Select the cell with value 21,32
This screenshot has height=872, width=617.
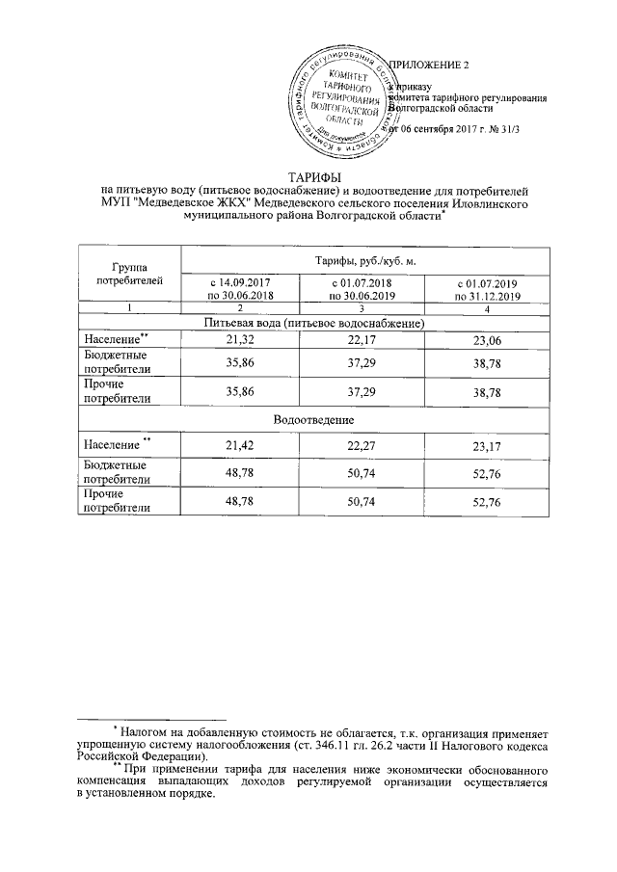coord(240,341)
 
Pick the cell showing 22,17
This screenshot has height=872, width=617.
coord(361,341)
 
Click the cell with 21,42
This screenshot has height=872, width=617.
coord(240,447)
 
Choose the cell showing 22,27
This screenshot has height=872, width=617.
coord(361,447)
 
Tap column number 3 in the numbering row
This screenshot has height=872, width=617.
coord(361,307)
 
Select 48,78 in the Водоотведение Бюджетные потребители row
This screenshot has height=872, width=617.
coord(240,471)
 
